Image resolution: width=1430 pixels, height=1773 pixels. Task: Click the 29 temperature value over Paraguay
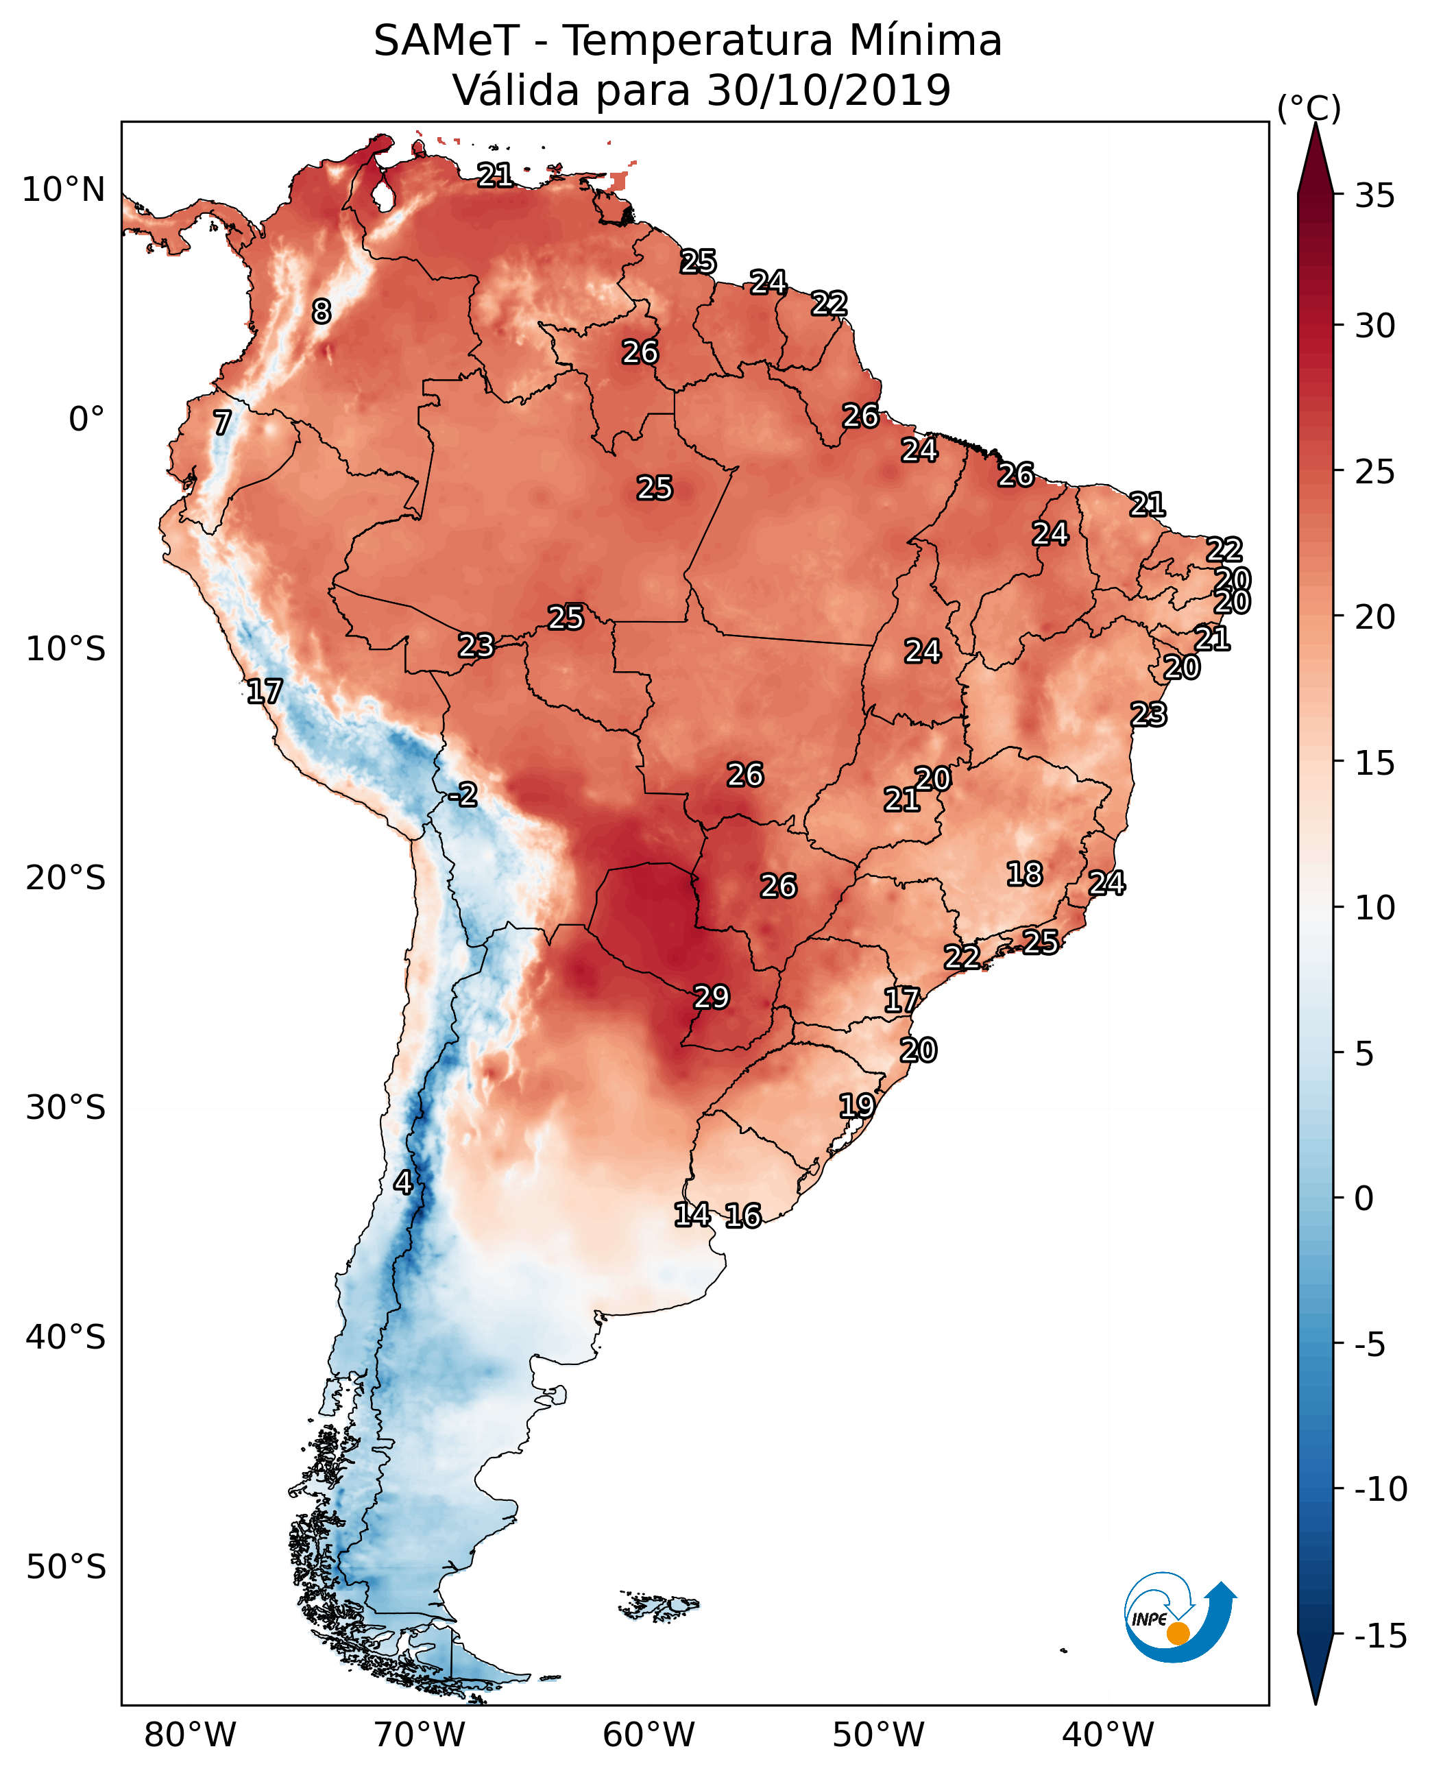click(711, 997)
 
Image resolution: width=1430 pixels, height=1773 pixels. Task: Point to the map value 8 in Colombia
click(322, 311)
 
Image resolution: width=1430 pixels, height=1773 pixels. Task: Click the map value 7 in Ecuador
click(221, 422)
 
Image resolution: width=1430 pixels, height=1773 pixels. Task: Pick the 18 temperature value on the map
click(1024, 873)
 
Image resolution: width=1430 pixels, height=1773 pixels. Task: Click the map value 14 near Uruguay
click(692, 1214)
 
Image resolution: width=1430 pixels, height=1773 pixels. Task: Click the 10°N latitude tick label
click(64, 191)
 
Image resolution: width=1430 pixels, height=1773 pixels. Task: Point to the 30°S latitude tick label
click(66, 1108)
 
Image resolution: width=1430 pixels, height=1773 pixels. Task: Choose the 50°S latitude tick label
click(66, 1566)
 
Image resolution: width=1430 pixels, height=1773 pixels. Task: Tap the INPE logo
click(1180, 1617)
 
